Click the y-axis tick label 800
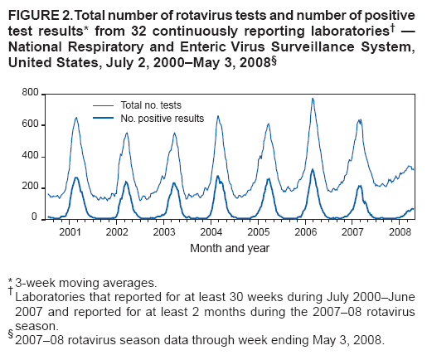(30, 94)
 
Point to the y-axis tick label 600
(30, 124)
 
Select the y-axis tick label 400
(30, 156)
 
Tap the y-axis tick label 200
(30, 187)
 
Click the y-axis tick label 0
(35, 217)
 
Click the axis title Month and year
(229, 247)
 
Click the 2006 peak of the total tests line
(313, 98)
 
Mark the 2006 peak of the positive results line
(313, 169)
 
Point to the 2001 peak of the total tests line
(76, 117)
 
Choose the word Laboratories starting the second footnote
(49, 297)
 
